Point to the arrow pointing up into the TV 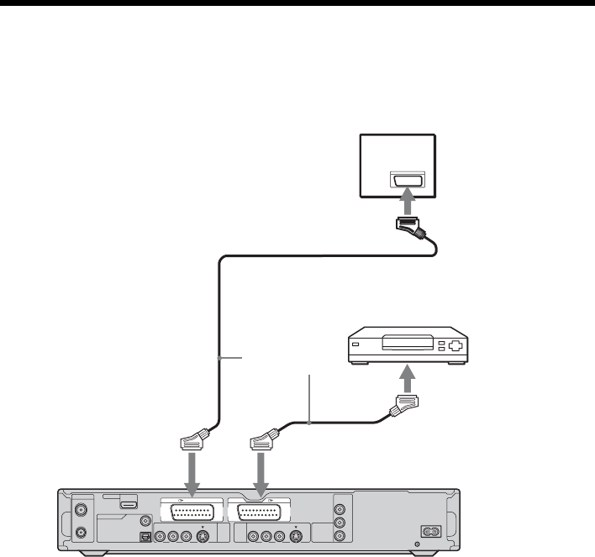point(407,202)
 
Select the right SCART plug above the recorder point(264,440)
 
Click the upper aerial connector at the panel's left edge point(82,509)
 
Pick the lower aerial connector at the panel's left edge point(82,532)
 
